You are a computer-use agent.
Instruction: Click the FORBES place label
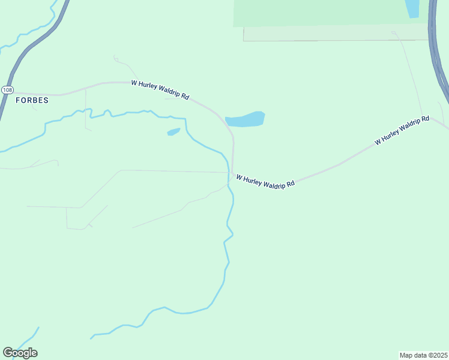point(32,100)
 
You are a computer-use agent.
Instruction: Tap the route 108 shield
point(7,89)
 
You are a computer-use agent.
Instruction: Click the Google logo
point(20,353)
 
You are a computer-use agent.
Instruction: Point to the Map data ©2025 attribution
point(423,355)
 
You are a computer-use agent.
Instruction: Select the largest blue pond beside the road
point(245,119)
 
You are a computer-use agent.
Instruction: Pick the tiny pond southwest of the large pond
point(173,131)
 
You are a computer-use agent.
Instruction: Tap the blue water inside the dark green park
point(412,8)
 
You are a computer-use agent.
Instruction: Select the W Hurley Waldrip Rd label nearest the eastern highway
point(402,130)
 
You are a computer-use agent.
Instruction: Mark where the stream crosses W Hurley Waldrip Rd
point(230,173)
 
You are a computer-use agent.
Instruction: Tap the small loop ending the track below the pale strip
point(394,33)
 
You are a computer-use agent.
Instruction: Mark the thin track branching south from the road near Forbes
point(85,108)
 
